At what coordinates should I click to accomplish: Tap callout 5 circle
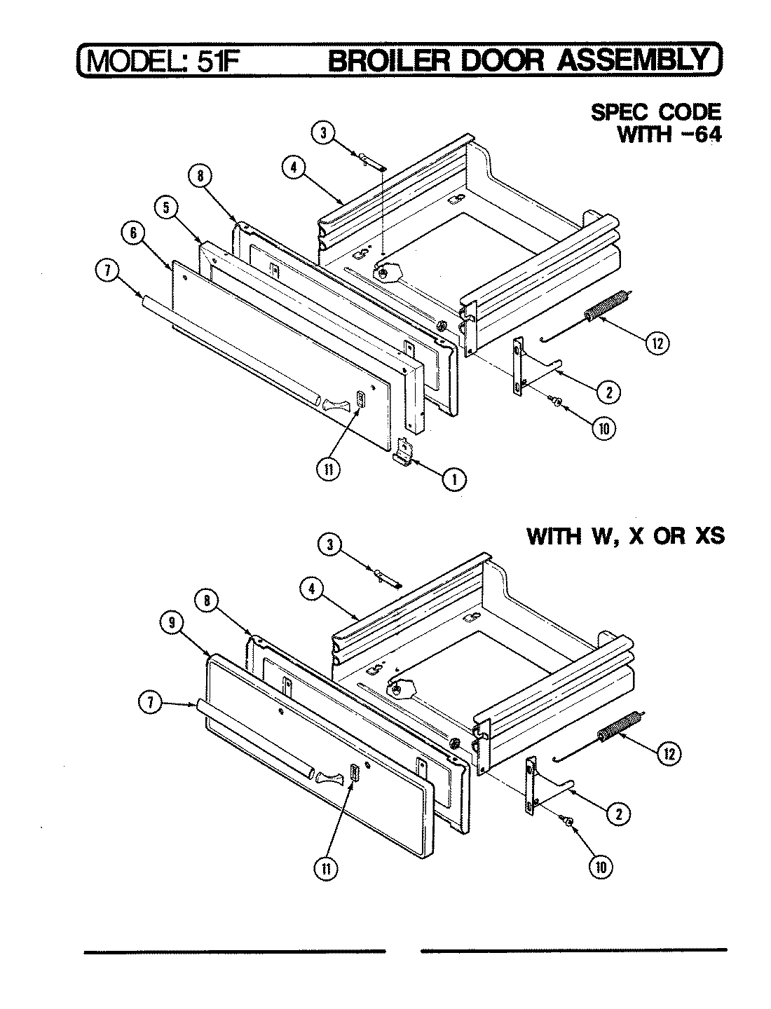coord(166,207)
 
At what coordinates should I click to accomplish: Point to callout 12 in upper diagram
coord(657,343)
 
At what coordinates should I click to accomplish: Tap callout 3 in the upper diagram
coord(322,134)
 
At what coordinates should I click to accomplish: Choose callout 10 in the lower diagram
coord(601,867)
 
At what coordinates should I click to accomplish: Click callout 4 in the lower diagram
coord(313,590)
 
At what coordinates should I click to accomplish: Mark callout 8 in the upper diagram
coord(200,177)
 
